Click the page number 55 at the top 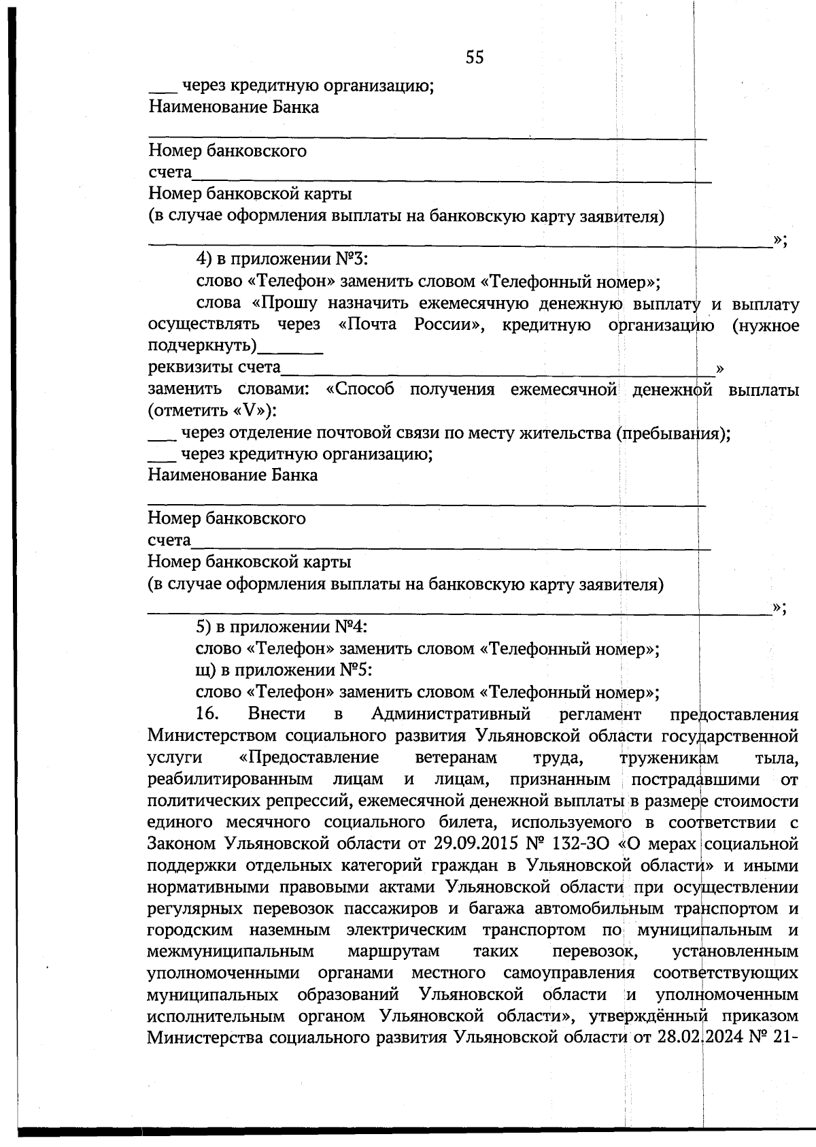pyautogui.click(x=475, y=58)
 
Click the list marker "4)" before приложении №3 pyautogui.click(x=205, y=259)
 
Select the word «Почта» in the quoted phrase pyautogui.click(x=368, y=325)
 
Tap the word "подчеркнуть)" pyautogui.click(x=203, y=346)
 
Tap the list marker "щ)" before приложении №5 pyautogui.click(x=205, y=670)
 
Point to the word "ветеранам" pyautogui.click(x=456, y=757)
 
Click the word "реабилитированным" pyautogui.click(x=230, y=779)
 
